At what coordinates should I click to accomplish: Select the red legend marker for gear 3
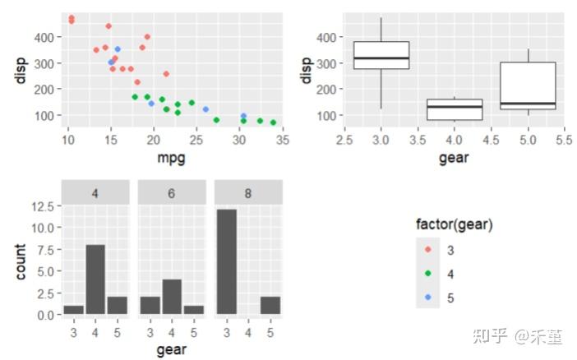pos(427,248)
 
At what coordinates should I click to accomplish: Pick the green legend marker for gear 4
pos(427,273)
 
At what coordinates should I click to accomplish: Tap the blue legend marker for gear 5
pos(427,298)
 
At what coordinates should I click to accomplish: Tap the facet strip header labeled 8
pos(248,192)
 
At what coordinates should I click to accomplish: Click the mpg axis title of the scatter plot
pos(171,159)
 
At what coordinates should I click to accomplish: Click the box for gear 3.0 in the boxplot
pos(381,56)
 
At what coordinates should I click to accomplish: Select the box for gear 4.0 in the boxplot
pos(455,109)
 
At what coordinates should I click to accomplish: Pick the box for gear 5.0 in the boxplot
pos(528,85)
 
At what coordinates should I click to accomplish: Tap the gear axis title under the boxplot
pos(455,159)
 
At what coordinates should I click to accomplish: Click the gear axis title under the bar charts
pos(172,350)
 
